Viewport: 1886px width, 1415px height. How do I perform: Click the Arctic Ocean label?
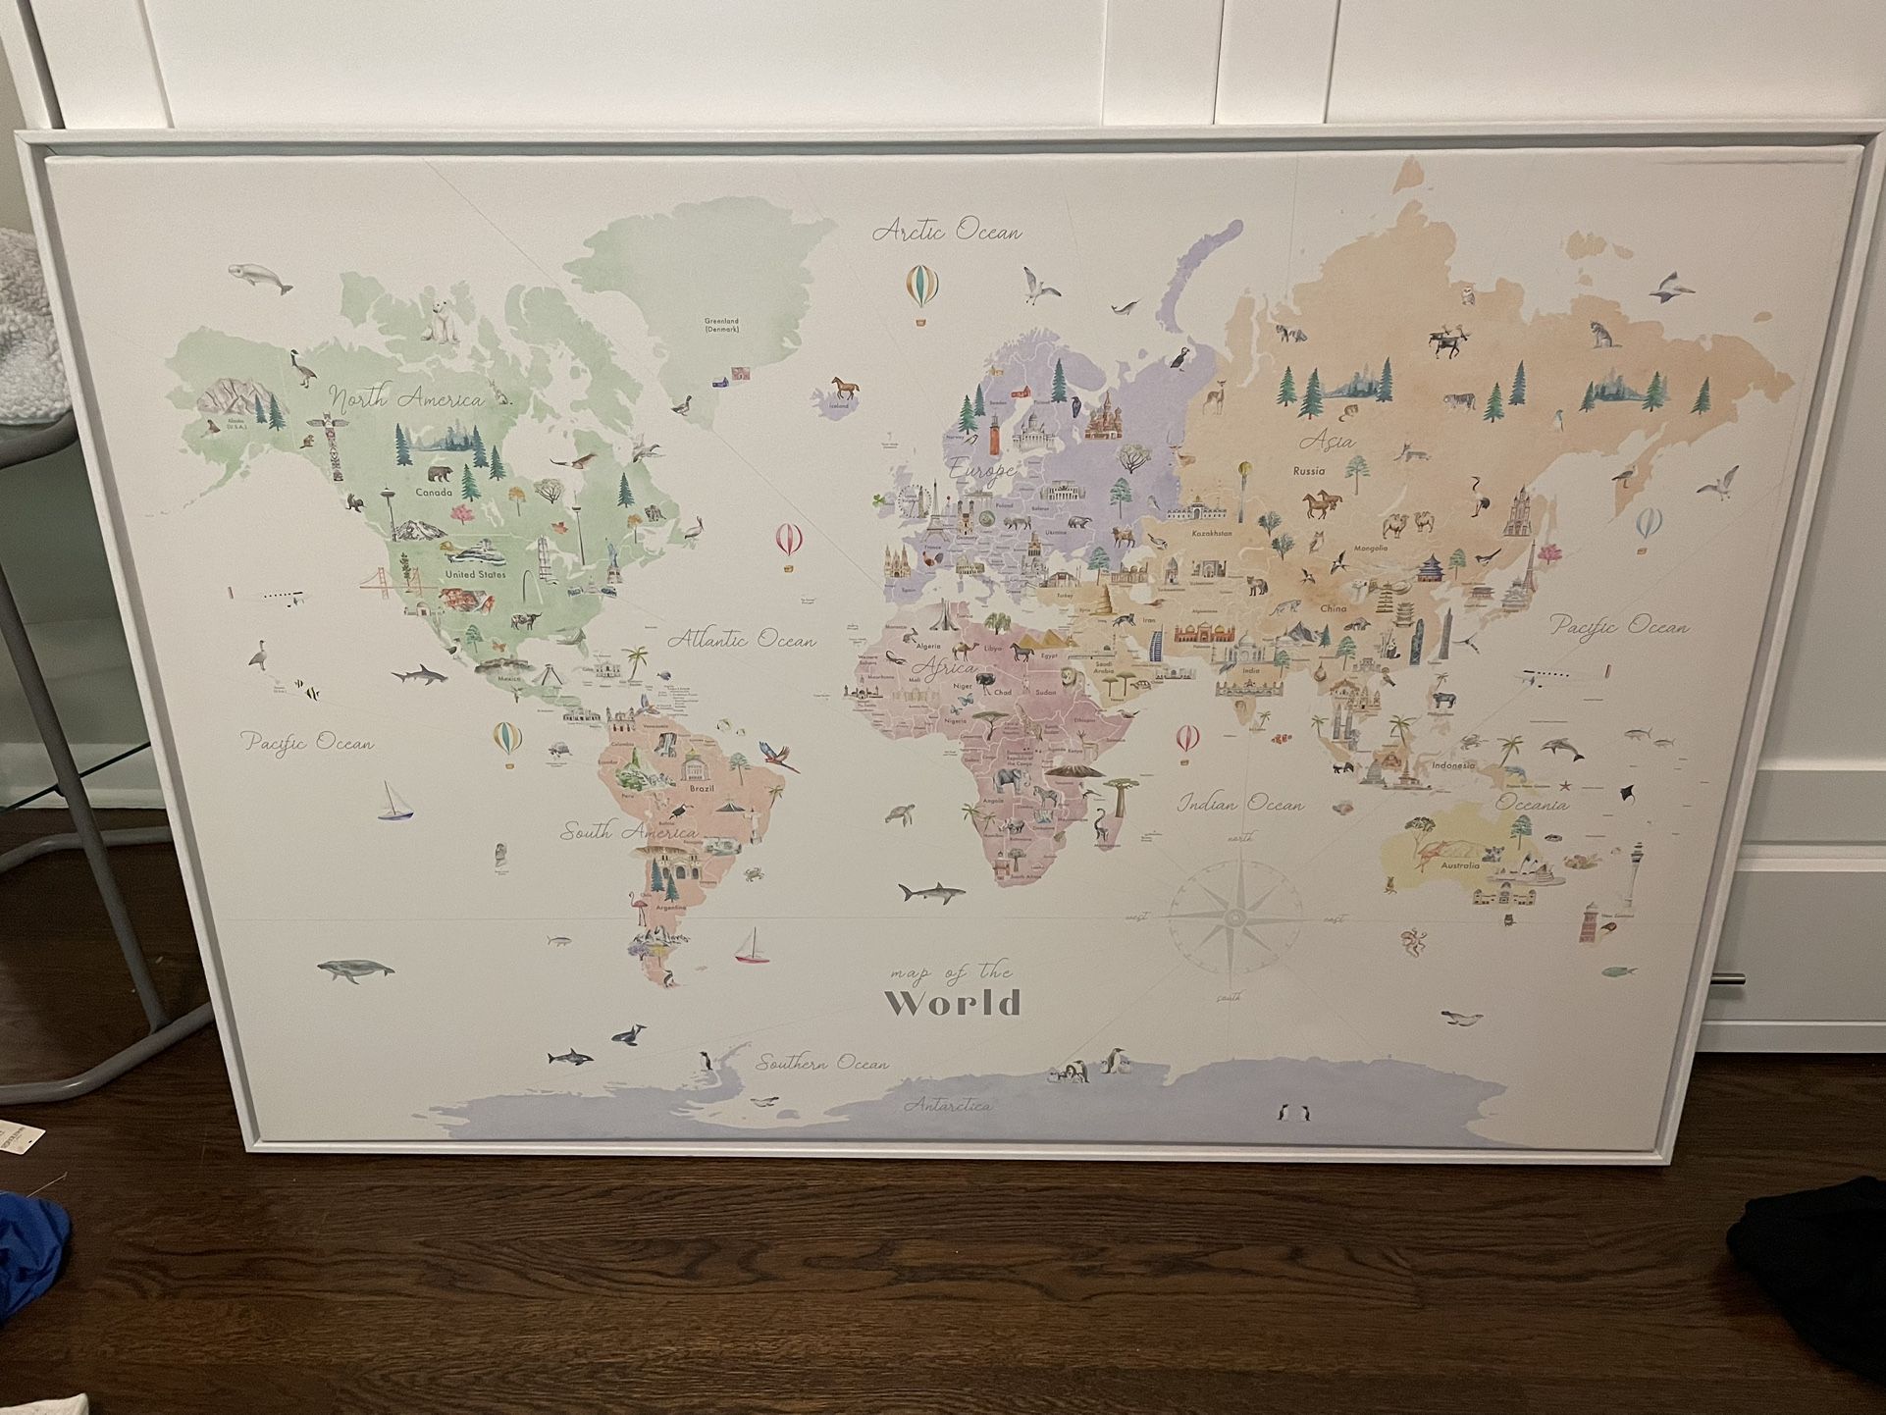click(x=947, y=232)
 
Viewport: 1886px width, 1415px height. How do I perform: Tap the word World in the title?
click(x=953, y=1004)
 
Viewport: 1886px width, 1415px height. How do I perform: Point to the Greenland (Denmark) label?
click(x=721, y=325)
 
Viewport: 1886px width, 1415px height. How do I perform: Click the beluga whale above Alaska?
click(x=261, y=279)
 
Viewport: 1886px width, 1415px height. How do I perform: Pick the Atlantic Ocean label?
click(x=742, y=640)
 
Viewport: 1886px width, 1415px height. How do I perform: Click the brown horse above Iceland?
click(x=844, y=386)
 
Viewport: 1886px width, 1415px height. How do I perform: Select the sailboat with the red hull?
click(x=753, y=948)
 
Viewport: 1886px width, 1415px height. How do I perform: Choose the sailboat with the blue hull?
click(x=395, y=802)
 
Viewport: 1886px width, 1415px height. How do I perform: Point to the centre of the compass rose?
click(x=1233, y=917)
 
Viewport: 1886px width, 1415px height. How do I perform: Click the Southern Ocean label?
click(x=822, y=1063)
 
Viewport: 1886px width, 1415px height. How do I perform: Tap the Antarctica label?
click(x=947, y=1106)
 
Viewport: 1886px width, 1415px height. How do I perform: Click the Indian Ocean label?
click(x=1240, y=804)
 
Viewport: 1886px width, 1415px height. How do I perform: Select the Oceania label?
click(x=1532, y=804)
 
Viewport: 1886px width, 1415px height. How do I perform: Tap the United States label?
click(x=475, y=574)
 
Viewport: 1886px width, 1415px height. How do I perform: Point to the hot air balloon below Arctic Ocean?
click(x=921, y=288)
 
